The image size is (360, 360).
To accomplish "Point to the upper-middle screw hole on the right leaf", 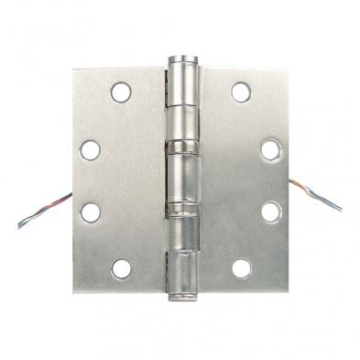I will (x=271, y=148).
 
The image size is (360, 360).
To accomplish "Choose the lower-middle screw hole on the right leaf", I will (x=271, y=211).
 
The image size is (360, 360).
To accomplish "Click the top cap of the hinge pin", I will (x=180, y=60).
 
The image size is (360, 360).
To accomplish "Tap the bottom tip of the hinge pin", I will (x=180, y=299).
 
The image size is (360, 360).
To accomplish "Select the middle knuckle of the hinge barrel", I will (x=180, y=180).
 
